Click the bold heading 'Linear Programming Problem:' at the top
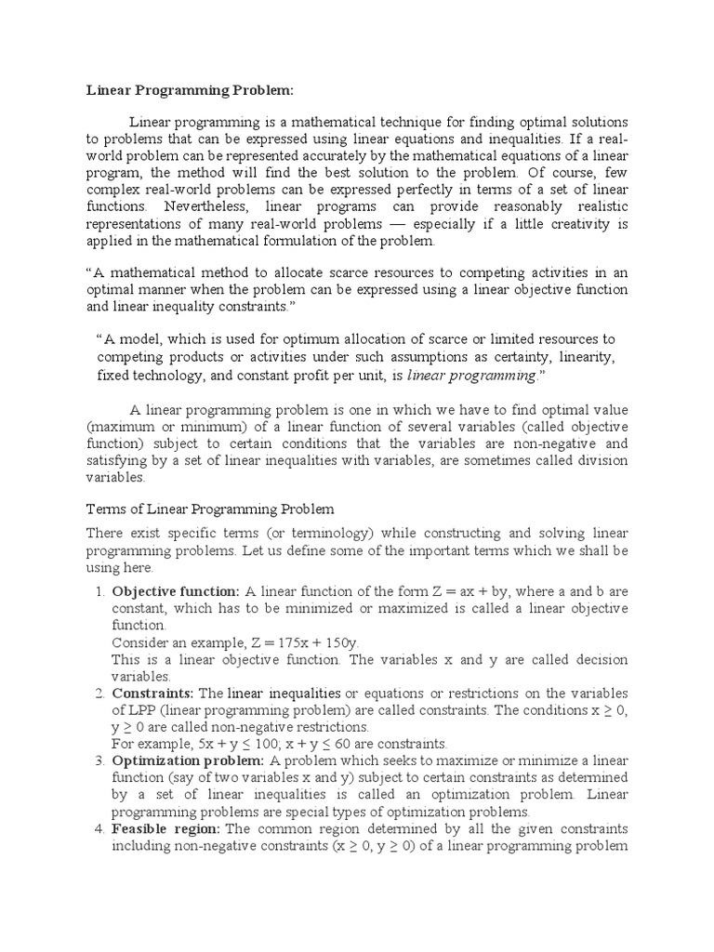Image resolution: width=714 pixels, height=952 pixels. coord(190,90)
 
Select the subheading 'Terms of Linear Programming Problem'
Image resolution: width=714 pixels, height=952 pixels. coord(210,509)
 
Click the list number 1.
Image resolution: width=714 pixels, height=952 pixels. coord(99,591)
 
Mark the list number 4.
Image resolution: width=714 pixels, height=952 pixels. coord(99,829)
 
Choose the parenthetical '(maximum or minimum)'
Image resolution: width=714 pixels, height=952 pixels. coord(154,428)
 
